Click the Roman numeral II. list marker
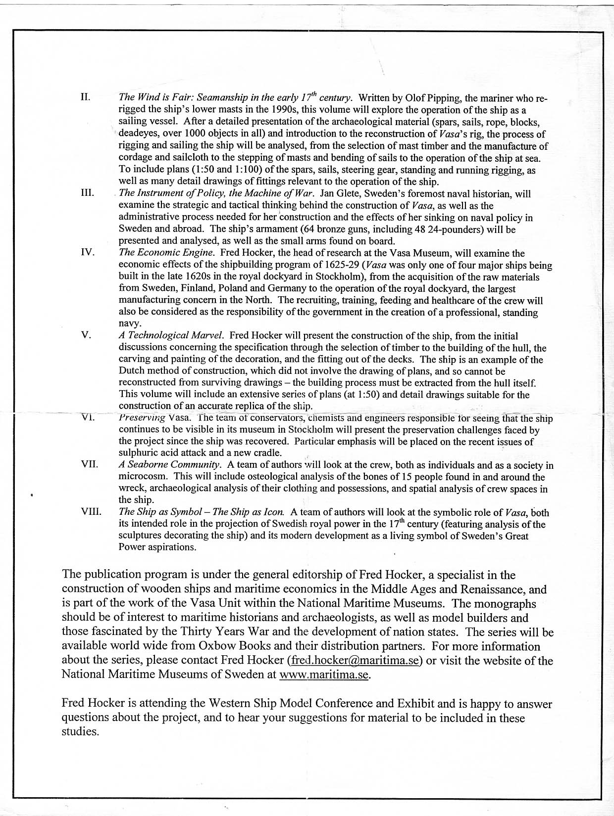[x=85, y=97]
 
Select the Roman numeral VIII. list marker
[x=91, y=512]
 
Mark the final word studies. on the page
[x=80, y=732]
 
